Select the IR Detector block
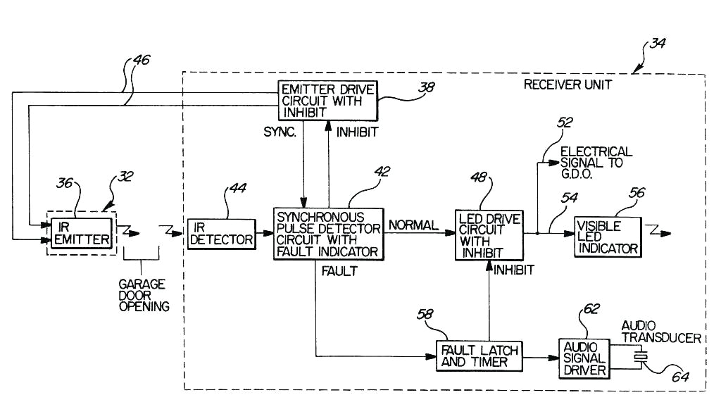point(222,232)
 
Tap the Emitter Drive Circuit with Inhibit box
point(326,101)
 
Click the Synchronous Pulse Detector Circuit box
point(329,234)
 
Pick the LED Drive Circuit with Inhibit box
point(489,236)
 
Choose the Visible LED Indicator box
point(607,237)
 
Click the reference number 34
point(658,44)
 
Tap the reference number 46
point(140,61)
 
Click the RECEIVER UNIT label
point(568,84)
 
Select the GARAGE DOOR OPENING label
point(143,295)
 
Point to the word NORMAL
point(413,225)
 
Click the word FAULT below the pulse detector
point(339,271)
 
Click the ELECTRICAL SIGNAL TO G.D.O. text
point(596,163)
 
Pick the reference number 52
point(565,123)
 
